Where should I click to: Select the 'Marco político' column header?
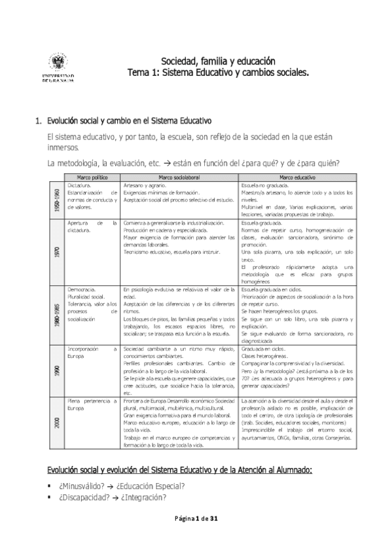[x=92, y=177]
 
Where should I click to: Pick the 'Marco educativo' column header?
[x=297, y=177]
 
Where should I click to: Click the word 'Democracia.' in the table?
[x=82, y=289]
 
